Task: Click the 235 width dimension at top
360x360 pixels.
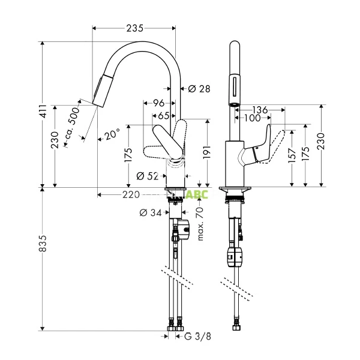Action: click(135, 28)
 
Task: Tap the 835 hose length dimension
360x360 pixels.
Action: click(43, 259)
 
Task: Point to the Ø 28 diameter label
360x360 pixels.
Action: click(199, 89)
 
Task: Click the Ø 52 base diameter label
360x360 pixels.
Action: click(147, 176)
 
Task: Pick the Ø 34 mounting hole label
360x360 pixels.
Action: click(150, 212)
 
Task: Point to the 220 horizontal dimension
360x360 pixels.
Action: click(131, 194)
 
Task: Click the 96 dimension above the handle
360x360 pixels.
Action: click(159, 103)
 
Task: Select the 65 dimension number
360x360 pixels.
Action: click(163, 115)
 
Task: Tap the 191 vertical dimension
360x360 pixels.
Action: click(206, 152)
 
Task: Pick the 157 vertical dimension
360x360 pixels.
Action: click(292, 157)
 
